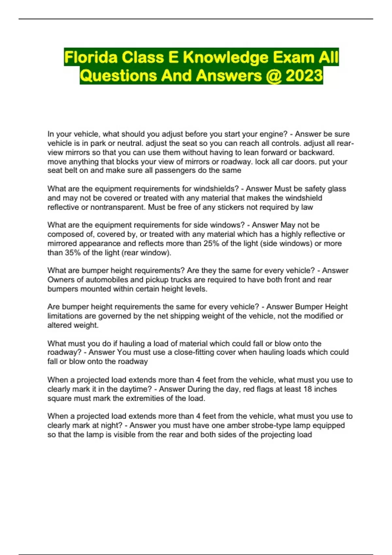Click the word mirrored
[62, 244]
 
